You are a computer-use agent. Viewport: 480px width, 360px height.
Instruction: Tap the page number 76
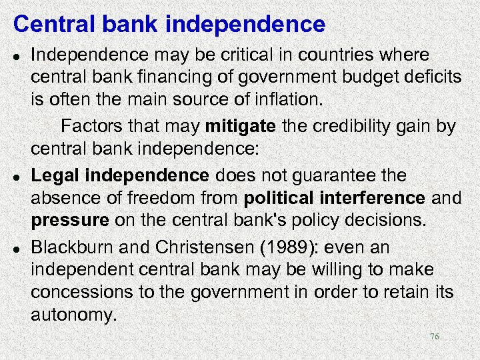[434, 337]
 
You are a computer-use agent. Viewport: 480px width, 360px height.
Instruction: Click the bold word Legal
[55, 175]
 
